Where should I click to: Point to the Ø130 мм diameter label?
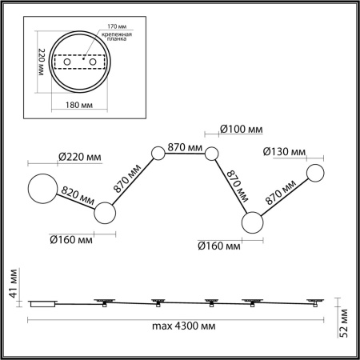(284, 152)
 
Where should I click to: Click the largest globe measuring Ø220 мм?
(44, 190)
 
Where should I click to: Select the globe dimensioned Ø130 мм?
(316, 174)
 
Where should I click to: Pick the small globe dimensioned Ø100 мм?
(212, 154)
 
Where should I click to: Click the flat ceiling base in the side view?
(42, 303)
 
